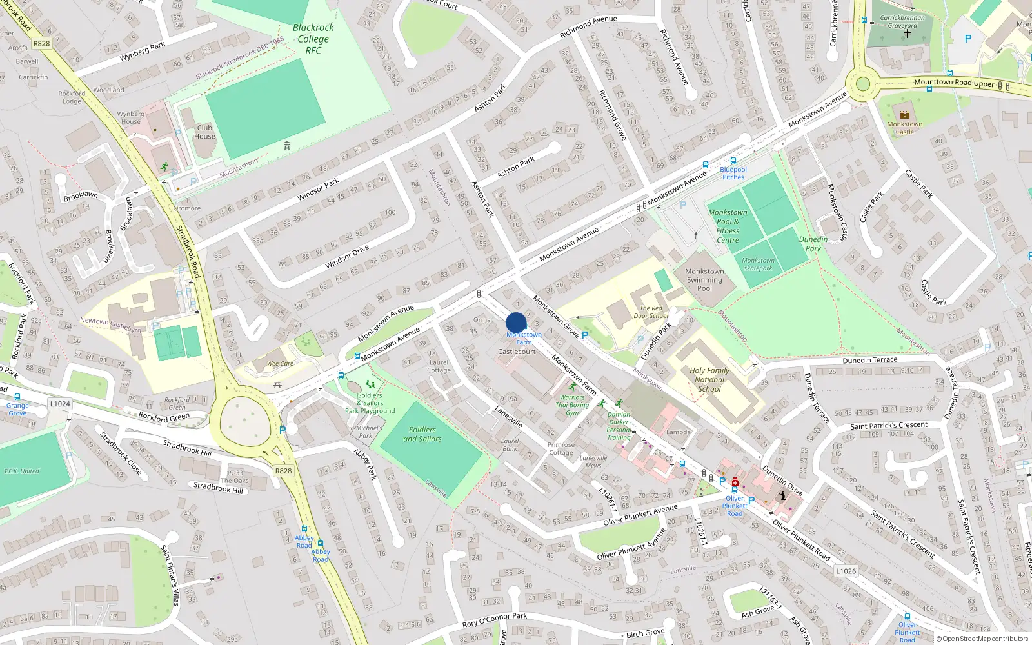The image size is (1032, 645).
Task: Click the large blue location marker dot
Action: coord(516,322)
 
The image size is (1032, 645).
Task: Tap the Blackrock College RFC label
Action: coord(313,39)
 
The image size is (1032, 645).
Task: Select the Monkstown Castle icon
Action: coord(905,115)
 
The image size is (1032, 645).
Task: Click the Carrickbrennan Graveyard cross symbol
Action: coord(907,34)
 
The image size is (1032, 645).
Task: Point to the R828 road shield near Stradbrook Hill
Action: coord(283,471)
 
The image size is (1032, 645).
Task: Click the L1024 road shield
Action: coord(60,404)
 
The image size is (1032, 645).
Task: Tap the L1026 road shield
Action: coord(846,571)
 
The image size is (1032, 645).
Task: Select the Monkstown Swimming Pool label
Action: coord(704,280)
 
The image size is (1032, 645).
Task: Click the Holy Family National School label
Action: coord(709,379)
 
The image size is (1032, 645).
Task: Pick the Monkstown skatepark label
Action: coord(758,264)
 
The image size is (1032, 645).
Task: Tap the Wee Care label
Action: coord(280,364)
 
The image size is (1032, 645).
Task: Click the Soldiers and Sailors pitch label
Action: coord(422,434)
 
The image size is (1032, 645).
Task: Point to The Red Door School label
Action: coord(651,312)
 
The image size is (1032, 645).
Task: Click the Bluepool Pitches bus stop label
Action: coord(733,173)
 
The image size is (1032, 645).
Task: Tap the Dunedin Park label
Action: coord(813,244)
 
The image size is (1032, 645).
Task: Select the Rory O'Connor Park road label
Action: coord(495,620)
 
